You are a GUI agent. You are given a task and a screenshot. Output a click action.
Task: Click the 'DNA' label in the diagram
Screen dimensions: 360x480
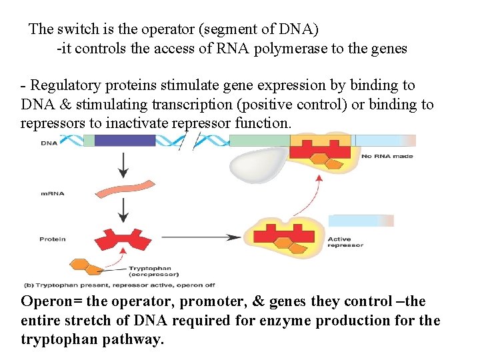(49, 143)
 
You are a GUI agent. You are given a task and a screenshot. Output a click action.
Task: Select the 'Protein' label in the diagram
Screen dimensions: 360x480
(53, 239)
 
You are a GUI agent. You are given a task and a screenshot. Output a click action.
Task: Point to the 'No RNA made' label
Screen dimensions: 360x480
(387, 157)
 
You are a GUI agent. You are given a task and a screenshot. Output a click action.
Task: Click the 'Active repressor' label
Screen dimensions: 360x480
(345, 242)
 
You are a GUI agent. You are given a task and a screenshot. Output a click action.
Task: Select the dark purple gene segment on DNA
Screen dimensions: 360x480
(125, 141)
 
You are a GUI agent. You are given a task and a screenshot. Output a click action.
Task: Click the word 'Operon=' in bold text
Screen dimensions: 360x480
(50, 301)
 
